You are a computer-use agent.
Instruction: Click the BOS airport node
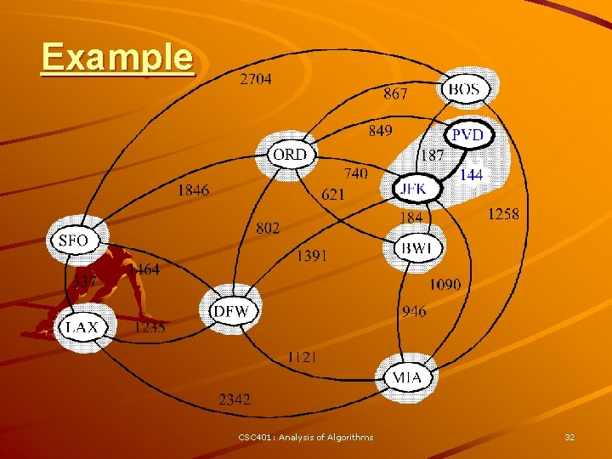point(463,88)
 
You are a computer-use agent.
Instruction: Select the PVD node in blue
point(467,135)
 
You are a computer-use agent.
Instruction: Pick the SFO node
point(73,241)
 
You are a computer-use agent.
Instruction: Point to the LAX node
point(82,326)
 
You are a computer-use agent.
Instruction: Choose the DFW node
point(230,311)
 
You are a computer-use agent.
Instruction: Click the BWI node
point(417,248)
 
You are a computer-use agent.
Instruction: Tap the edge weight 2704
point(255,80)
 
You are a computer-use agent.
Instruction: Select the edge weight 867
point(395,93)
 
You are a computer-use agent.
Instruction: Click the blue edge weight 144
point(472,174)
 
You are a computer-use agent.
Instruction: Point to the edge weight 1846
point(193,190)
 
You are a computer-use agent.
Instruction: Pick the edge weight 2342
point(235,399)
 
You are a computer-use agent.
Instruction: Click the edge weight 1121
point(301,357)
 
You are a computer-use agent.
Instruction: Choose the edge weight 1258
point(502,214)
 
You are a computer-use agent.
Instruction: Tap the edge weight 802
point(268,228)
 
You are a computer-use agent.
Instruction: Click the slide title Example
point(117,58)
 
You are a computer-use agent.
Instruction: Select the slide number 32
point(569,437)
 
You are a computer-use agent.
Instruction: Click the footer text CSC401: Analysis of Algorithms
point(305,437)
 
